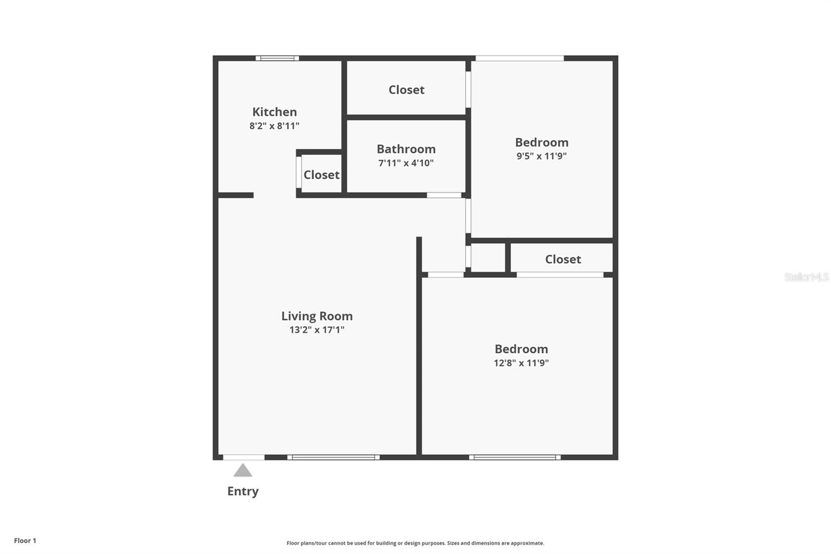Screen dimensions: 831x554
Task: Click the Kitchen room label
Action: point(275,112)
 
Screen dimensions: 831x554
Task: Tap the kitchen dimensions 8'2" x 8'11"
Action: point(274,126)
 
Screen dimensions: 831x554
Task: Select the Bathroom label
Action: point(406,149)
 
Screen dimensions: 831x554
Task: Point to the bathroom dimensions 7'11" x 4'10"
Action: point(406,163)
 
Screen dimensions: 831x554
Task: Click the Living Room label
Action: point(317,316)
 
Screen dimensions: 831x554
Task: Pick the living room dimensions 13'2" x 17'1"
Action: point(317,329)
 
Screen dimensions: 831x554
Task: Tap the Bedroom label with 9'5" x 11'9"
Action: point(542,142)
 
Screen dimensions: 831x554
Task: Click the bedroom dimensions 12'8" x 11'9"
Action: point(521,363)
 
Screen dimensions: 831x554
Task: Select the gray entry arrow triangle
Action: point(243,470)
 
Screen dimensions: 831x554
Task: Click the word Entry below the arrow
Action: point(243,491)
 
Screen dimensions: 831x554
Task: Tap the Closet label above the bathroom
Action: point(407,90)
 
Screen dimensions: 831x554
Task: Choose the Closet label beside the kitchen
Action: point(321,175)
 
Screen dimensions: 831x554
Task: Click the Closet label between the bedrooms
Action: point(563,259)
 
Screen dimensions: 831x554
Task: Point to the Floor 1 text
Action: point(25,540)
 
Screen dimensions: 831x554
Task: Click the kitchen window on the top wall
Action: point(277,58)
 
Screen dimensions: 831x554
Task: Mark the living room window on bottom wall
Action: point(333,457)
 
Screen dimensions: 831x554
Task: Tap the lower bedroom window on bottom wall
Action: point(515,457)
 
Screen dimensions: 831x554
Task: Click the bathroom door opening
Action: point(444,195)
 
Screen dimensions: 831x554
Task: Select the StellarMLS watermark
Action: point(807,277)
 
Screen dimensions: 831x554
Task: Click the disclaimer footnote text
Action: point(415,543)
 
